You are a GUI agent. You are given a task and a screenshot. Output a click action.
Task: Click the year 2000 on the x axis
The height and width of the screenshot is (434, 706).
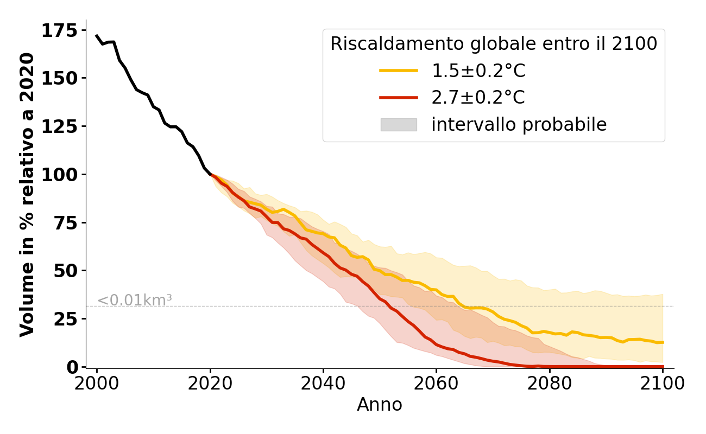[97, 384]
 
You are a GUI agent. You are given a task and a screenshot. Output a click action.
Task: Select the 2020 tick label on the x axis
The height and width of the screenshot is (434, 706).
[210, 384]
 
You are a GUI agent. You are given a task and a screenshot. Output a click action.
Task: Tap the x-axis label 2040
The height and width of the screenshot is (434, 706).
[323, 384]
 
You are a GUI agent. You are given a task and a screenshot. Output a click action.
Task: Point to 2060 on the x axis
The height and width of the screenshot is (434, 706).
[436, 384]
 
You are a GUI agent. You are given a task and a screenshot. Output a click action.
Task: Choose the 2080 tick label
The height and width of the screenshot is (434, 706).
[549, 384]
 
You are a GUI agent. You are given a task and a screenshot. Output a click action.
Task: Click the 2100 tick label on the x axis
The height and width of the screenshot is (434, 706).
[662, 384]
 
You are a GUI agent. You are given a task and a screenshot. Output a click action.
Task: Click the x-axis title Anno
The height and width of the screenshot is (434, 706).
[380, 405]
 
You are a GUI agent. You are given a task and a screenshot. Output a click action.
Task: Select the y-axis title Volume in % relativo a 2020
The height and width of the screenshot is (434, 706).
[27, 194]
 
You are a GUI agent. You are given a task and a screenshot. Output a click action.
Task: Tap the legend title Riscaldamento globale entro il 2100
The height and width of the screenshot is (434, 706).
[494, 44]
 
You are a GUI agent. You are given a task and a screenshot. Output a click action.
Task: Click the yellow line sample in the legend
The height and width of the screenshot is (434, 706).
[398, 71]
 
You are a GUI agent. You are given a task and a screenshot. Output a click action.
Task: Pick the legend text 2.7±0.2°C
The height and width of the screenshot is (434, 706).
[478, 98]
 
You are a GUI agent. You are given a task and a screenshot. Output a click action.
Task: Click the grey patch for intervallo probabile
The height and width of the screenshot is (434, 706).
[398, 125]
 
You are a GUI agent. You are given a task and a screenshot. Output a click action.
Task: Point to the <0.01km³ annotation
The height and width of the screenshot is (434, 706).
[135, 300]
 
